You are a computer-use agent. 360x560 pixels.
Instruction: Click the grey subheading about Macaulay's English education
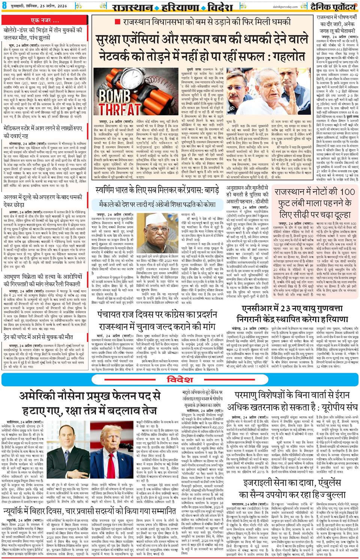(x=156, y=206)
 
